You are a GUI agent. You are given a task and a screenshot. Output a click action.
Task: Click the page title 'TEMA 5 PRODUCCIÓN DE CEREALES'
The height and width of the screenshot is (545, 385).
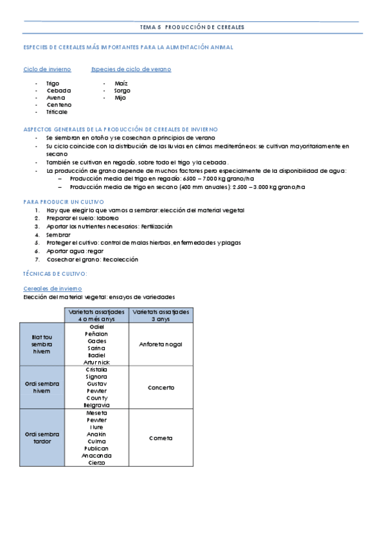[192, 27]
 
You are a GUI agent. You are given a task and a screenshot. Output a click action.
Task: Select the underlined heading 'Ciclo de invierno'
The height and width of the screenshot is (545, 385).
[47, 69]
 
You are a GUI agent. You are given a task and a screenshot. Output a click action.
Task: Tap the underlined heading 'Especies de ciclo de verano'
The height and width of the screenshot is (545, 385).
[131, 69]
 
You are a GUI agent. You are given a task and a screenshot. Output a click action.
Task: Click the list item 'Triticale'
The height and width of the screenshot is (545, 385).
[57, 112]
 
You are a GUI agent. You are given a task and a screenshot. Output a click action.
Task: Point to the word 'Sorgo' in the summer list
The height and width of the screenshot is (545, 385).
[122, 91]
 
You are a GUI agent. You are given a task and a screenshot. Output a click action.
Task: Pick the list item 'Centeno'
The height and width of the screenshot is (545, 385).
[59, 105]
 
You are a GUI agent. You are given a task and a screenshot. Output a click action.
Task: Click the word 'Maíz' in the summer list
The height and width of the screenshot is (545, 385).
[121, 84]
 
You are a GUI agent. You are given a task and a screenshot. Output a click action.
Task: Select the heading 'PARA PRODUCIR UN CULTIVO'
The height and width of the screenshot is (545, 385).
[58, 202]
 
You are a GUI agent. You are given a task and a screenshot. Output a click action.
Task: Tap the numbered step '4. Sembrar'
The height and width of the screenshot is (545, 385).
[58, 235]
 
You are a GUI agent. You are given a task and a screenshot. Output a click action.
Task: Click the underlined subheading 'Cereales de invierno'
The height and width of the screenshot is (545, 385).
[52, 289]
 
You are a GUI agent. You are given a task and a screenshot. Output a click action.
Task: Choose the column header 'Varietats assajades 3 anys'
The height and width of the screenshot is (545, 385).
[161, 315]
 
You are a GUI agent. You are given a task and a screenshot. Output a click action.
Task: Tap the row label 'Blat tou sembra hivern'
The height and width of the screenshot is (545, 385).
[42, 344]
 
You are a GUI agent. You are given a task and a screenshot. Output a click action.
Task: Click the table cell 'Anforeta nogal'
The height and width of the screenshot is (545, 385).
[161, 344]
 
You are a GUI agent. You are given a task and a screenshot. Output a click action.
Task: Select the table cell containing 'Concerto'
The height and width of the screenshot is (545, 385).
[161, 388]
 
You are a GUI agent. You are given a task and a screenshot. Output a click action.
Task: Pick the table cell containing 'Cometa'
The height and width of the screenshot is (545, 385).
[161, 438]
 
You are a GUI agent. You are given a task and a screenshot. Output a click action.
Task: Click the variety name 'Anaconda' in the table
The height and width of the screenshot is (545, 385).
[97, 456]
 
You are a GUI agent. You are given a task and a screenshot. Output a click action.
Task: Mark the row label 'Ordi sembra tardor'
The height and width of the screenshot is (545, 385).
[42, 438]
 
